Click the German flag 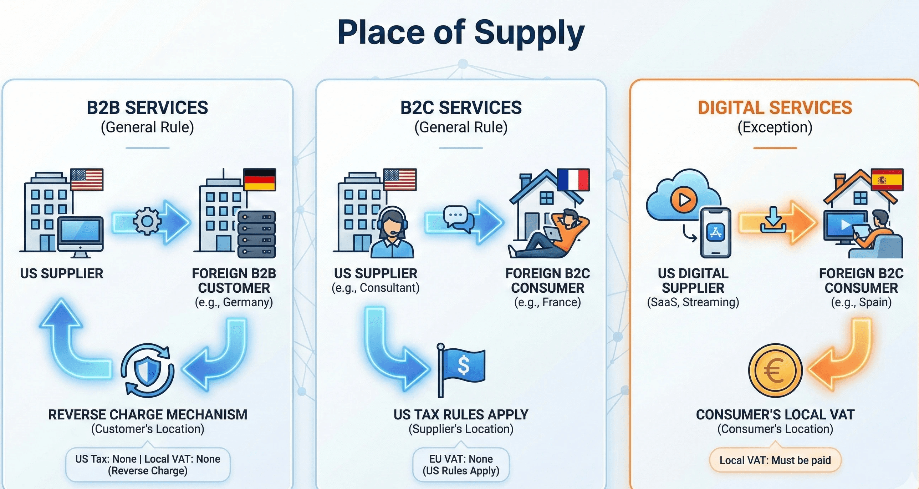(259, 179)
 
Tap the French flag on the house (573, 180)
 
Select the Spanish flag (887, 180)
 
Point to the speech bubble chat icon (458, 217)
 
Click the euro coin (775, 370)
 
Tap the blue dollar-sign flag (463, 366)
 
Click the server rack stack (256, 234)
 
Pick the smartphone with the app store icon (715, 232)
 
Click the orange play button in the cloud (684, 199)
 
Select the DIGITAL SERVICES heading (775, 108)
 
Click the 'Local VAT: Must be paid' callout (775, 460)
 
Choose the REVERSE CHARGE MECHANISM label (148, 415)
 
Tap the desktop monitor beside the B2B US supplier (80, 236)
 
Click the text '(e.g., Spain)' (861, 302)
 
